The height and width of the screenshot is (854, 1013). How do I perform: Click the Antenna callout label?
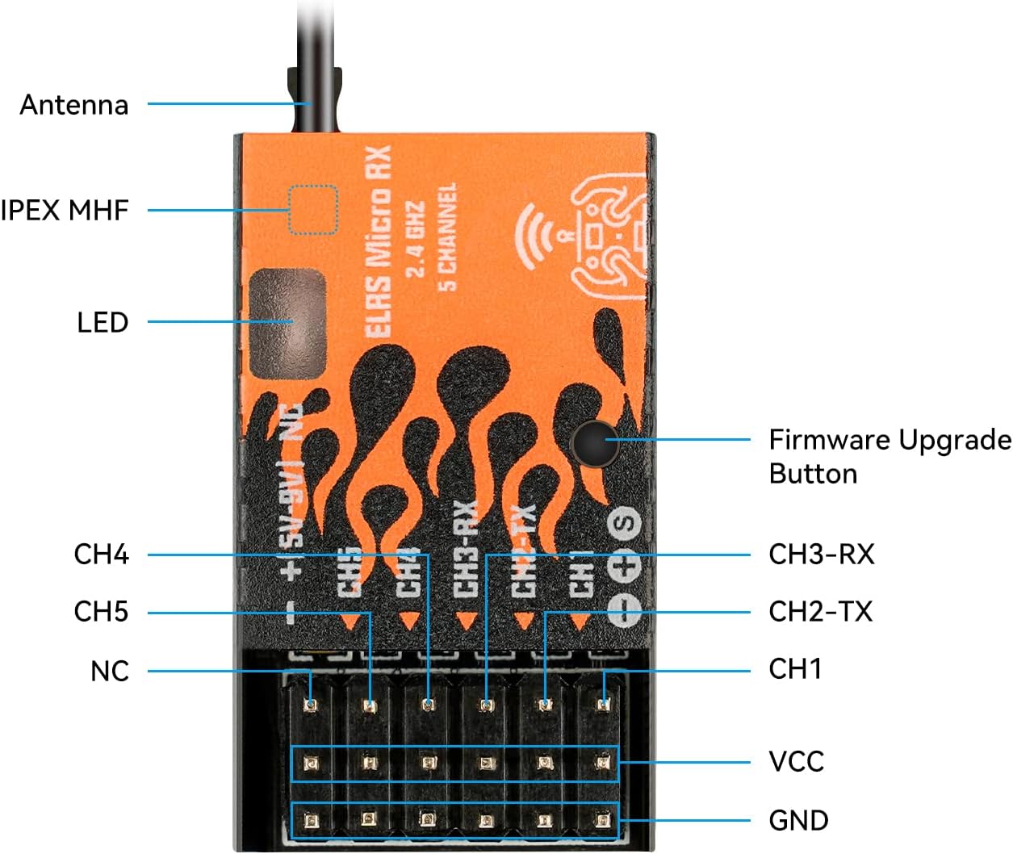tap(74, 105)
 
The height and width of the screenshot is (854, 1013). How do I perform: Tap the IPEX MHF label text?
tap(65, 211)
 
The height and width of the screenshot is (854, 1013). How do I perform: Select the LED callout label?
tap(103, 323)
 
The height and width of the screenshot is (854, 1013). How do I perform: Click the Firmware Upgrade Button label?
tap(889, 457)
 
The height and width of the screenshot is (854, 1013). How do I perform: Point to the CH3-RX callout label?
tap(821, 555)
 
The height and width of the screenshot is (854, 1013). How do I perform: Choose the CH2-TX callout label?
tap(820, 612)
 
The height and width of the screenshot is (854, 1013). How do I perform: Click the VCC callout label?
tap(796, 762)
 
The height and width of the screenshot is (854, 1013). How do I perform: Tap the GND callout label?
tap(798, 821)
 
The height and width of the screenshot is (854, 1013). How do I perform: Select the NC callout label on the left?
tap(109, 672)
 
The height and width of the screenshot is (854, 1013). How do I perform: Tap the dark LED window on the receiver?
tap(288, 324)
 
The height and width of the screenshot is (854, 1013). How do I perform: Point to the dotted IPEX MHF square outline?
tap(312, 210)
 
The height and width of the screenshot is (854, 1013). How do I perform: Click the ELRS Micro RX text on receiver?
tap(378, 242)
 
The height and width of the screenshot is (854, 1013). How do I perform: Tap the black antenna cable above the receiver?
tap(316, 65)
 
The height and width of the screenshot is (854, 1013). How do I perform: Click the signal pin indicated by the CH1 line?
tap(603, 705)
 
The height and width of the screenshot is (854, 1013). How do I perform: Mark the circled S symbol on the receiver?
tap(625, 523)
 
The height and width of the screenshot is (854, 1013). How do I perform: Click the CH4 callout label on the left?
tap(101, 555)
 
